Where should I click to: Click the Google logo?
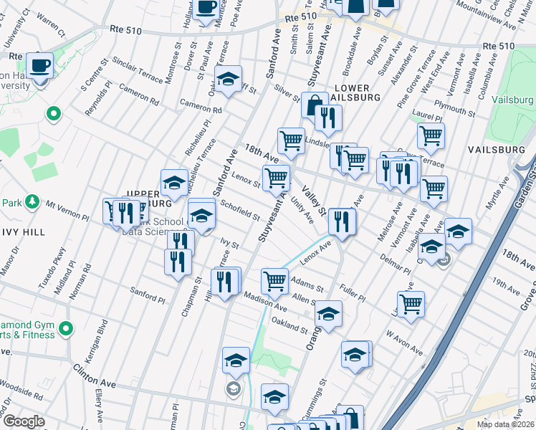coord(24,421)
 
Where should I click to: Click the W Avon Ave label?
coord(404,341)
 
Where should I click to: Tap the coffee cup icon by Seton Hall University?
coord(40,65)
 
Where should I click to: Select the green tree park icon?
coord(32,203)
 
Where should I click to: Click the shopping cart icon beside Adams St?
coord(274,281)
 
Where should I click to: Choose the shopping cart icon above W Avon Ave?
coord(411,303)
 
